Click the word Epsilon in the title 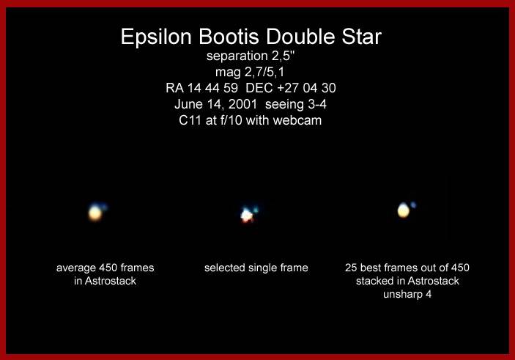(156, 37)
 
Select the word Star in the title (361, 36)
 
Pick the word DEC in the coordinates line (259, 88)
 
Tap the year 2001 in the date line (242, 104)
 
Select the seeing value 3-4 (317, 104)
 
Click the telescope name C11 (190, 120)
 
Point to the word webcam (297, 120)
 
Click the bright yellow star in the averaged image (95, 213)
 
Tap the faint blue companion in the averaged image (103, 207)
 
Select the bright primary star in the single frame (246, 216)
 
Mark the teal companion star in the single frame (256, 210)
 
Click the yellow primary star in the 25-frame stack (404, 210)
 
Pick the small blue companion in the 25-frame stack (413, 205)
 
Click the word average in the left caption (76, 268)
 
